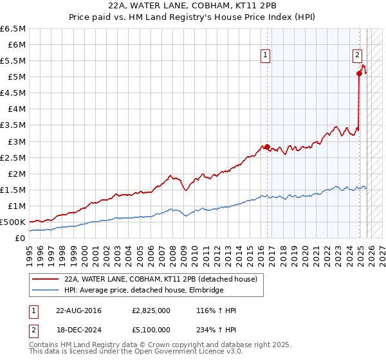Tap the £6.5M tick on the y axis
(14, 29)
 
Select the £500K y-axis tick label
(14, 222)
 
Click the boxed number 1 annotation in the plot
(266, 56)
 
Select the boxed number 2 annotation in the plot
(357, 56)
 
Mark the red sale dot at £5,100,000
(359, 73)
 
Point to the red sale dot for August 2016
(267, 147)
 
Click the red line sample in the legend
(44, 279)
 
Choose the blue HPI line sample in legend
(44, 290)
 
